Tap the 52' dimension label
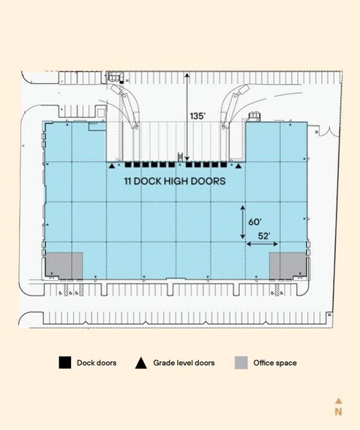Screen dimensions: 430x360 [264, 235]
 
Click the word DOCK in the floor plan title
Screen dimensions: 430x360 [150, 181]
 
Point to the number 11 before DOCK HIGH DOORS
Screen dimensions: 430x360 [128, 181]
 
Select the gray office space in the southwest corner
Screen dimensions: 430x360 [64, 265]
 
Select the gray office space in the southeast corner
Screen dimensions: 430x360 [286, 265]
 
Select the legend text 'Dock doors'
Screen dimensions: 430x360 [97, 363]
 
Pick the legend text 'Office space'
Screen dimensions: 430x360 [275, 363]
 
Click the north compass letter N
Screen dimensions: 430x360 [338, 412]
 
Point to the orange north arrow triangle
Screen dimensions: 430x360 [338, 400]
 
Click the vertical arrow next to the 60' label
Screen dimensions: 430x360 [244, 222]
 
